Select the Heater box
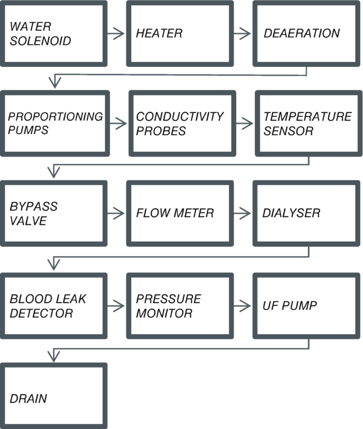[180, 33]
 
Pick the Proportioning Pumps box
[55, 124]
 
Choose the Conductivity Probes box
[181, 124]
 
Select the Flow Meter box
[180, 213]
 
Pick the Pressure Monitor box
[180, 306]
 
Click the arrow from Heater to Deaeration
[243, 33]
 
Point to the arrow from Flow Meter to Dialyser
[243, 213]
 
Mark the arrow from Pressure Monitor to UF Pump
[243, 306]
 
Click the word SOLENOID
[40, 41]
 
